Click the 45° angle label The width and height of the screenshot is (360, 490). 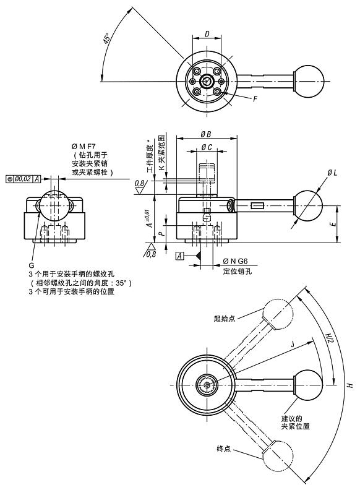point(107,40)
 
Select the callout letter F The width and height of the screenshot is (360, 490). point(255,98)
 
